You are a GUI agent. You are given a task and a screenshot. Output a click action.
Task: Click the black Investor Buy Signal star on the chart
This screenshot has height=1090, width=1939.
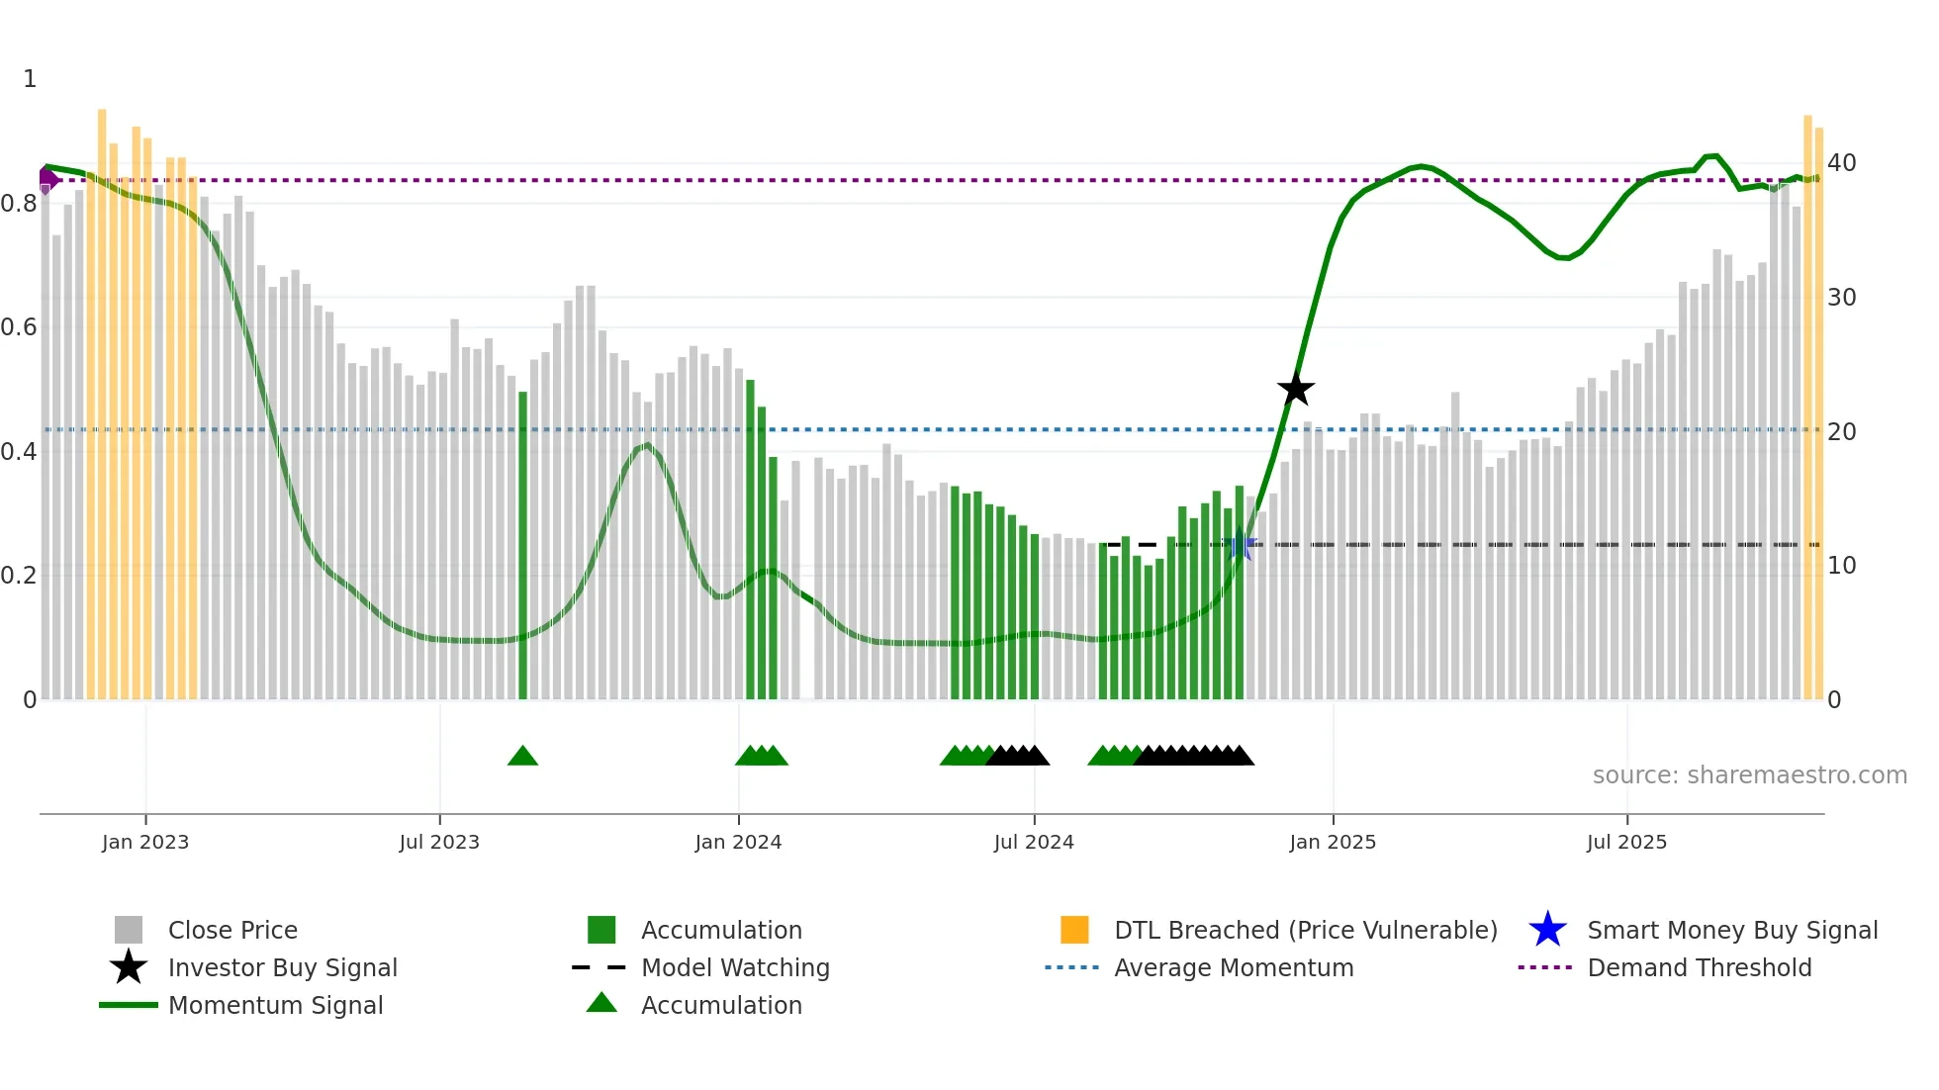click(1295, 389)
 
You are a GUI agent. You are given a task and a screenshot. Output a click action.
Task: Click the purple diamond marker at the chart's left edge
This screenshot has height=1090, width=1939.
click(46, 180)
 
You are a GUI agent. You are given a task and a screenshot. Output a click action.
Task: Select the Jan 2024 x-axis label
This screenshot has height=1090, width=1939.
click(738, 843)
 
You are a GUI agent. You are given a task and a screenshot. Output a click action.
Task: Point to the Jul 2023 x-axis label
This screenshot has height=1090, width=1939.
click(439, 843)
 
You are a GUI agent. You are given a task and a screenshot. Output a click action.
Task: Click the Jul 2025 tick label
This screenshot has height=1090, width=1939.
click(1626, 843)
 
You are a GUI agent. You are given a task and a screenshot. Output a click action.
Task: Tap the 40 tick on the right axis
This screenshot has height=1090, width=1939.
click(1841, 163)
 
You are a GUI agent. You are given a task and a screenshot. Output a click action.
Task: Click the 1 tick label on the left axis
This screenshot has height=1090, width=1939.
click(30, 79)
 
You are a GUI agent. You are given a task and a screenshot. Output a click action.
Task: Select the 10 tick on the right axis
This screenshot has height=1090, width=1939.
click(1841, 566)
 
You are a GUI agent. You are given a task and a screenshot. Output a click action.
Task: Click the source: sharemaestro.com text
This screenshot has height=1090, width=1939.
click(1749, 775)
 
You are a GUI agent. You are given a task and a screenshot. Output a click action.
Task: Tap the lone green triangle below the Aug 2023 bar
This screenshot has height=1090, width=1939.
click(522, 757)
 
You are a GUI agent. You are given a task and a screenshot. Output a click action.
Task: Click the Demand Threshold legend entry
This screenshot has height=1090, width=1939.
click(1699, 968)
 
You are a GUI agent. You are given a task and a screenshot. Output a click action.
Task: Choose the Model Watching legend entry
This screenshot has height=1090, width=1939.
click(734, 968)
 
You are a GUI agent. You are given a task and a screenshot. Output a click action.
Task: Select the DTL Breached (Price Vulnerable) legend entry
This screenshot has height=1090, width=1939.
click(1305, 931)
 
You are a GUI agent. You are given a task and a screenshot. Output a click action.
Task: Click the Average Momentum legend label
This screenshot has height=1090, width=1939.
click(1233, 968)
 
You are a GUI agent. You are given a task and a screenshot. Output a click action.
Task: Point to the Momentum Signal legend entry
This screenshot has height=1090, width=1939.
click(275, 1006)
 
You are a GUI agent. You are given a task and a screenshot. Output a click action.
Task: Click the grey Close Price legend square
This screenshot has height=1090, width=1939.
click(129, 931)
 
